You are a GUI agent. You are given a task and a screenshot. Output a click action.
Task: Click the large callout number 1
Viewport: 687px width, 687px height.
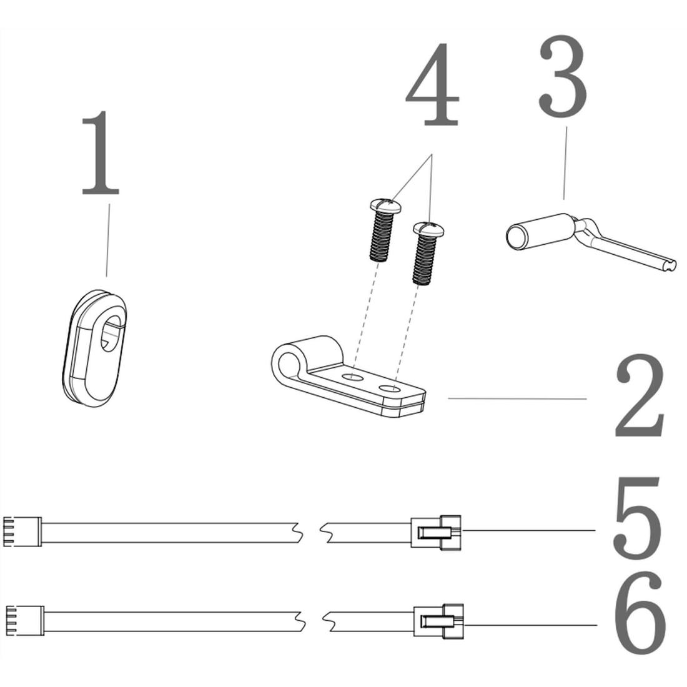click(101, 154)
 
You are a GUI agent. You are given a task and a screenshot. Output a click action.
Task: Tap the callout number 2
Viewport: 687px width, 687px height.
click(640, 397)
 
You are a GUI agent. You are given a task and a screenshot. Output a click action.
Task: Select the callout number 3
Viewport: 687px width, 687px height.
click(563, 77)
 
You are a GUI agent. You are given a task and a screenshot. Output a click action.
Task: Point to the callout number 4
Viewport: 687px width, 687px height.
click(433, 85)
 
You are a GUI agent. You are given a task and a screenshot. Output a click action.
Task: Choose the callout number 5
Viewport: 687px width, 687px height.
click(636, 518)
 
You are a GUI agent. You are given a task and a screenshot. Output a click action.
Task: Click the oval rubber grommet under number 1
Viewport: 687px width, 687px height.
click(95, 348)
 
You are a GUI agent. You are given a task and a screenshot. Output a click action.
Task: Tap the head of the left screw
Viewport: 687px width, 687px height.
click(385, 205)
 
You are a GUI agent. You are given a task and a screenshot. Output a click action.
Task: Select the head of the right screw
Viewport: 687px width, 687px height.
click(429, 228)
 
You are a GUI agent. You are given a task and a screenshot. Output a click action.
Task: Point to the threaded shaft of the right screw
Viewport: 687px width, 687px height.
click(423, 260)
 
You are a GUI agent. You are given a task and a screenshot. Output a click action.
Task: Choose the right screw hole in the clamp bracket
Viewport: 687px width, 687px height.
click(390, 388)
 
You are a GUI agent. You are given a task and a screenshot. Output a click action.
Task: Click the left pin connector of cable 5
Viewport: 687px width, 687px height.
click(22, 532)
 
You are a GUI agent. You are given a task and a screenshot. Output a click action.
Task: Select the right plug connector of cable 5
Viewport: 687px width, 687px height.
click(436, 532)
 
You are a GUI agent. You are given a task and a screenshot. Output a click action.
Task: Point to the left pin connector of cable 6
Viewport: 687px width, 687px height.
click(25, 620)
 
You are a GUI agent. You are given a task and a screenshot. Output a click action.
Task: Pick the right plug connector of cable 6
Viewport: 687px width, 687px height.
click(438, 621)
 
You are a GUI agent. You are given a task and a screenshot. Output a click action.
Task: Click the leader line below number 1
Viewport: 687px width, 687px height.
click(108, 240)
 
